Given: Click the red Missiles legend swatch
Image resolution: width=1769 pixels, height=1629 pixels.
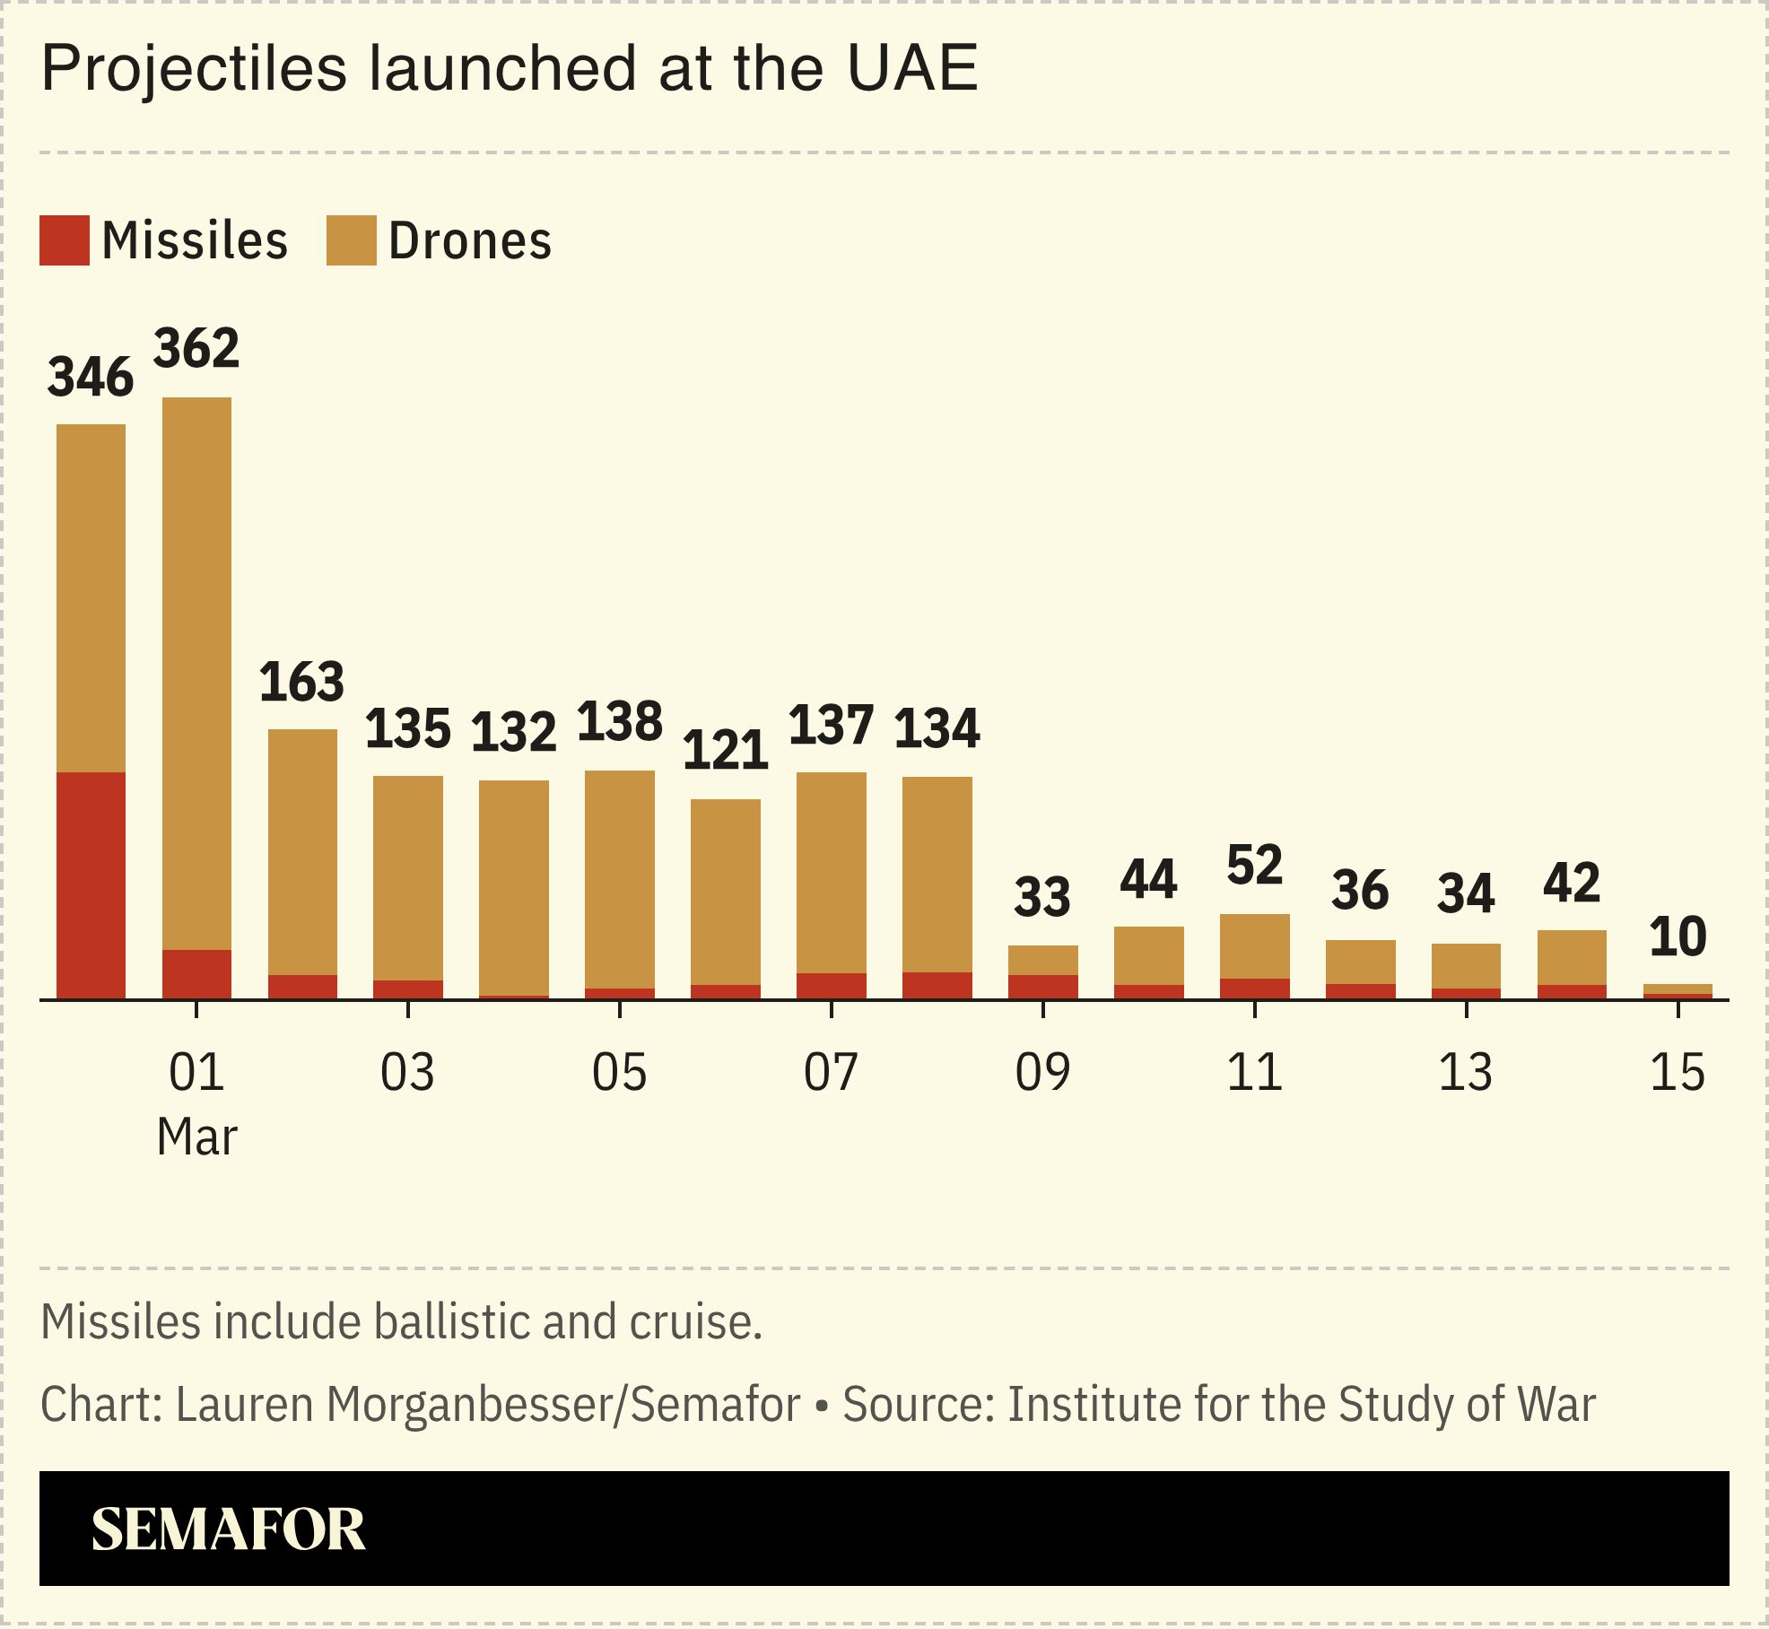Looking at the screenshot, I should [x=64, y=240].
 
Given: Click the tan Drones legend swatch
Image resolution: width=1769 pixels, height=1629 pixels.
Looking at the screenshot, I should [x=351, y=240].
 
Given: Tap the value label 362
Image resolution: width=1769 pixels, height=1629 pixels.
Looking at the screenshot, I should [x=196, y=349].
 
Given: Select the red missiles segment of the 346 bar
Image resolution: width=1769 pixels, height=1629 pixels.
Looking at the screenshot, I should [x=91, y=884].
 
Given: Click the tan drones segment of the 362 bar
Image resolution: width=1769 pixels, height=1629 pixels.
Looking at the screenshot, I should [x=196, y=673].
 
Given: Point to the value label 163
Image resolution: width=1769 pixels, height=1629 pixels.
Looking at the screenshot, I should [x=302, y=682].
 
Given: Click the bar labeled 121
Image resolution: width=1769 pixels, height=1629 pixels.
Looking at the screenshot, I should [x=726, y=897].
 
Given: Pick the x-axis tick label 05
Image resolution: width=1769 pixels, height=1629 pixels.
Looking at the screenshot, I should [x=619, y=1073].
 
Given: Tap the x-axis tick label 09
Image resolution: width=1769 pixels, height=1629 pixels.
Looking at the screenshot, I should [x=1042, y=1073].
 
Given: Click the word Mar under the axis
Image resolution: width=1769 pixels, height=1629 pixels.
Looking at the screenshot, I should [x=196, y=1137].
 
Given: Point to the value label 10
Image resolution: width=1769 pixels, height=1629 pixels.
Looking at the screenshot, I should [x=1677, y=937].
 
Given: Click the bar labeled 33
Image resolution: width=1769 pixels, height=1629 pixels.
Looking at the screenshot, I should [x=1042, y=971].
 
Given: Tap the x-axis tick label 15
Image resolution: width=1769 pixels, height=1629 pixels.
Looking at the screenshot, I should [x=1677, y=1073].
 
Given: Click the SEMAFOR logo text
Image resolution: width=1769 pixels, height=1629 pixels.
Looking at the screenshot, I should [x=229, y=1529].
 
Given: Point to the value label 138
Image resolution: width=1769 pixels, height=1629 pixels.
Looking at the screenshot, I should [x=619, y=722].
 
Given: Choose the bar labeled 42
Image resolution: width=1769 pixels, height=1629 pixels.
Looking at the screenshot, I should [x=1572, y=963].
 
